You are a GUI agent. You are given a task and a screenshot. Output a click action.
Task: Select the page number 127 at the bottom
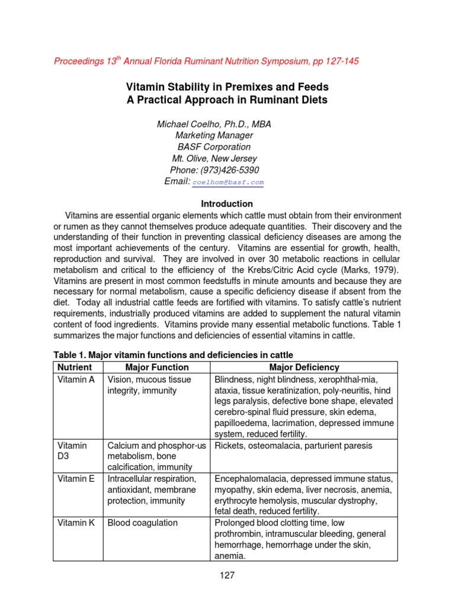pyautogui.click(x=227, y=574)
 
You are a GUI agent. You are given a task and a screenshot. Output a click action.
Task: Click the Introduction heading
pyautogui.click(x=227, y=204)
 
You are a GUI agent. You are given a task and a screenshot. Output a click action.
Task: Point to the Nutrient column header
pyautogui.click(x=75, y=368)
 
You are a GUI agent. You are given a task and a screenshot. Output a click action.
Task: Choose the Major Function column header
pyautogui.click(x=156, y=368)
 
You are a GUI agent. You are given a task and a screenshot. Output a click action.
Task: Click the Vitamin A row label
pyautogui.click(x=76, y=379)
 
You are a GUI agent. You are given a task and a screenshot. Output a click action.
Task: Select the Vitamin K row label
pyautogui.click(x=76, y=523)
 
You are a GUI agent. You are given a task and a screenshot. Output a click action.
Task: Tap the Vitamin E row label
pyautogui.click(x=76, y=478)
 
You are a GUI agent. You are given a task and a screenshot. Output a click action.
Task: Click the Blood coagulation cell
pyautogui.click(x=142, y=523)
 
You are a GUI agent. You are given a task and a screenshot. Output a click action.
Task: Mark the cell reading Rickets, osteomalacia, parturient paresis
pyautogui.click(x=293, y=446)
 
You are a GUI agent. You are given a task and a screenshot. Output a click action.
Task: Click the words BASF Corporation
pyautogui.click(x=214, y=147)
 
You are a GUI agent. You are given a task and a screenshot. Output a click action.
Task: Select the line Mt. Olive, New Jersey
pyautogui.click(x=214, y=159)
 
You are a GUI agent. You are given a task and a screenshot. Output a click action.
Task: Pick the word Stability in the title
pyautogui.click(x=187, y=88)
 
